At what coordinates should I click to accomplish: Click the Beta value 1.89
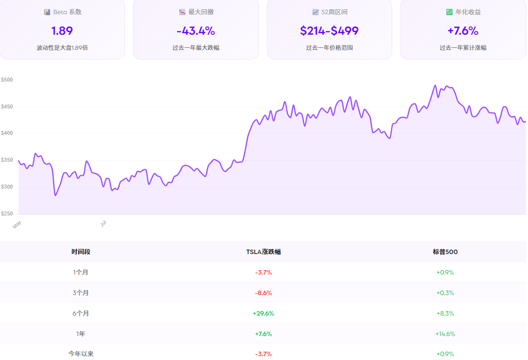(x=62, y=31)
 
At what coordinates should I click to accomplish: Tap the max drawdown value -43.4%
(x=195, y=31)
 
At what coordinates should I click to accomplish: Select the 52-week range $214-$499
(x=329, y=31)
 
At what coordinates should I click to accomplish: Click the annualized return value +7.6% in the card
(x=463, y=31)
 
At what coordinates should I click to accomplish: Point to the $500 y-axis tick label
(x=7, y=80)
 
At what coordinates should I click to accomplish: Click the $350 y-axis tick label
(x=7, y=160)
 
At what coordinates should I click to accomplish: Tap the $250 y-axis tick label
(x=7, y=213)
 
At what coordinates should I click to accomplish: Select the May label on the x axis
(x=17, y=224)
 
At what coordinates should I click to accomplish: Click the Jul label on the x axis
(x=104, y=223)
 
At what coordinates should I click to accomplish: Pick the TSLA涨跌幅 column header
(x=263, y=252)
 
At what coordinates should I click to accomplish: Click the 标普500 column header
(x=445, y=252)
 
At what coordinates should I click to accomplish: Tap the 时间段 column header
(x=81, y=252)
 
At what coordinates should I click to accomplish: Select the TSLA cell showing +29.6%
(x=263, y=314)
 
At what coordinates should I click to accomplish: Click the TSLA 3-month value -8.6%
(x=263, y=293)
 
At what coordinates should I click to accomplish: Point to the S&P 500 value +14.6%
(x=445, y=334)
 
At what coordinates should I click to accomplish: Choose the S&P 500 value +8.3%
(x=445, y=314)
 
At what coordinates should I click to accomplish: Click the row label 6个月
(x=81, y=314)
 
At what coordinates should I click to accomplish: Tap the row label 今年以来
(x=81, y=354)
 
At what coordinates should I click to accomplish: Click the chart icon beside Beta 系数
(x=47, y=12)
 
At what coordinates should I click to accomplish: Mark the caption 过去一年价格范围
(x=329, y=48)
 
